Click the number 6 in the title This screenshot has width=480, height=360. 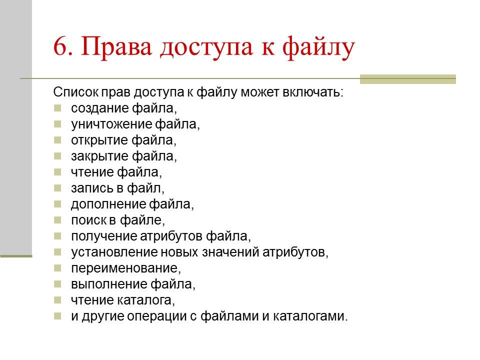pos(60,48)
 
